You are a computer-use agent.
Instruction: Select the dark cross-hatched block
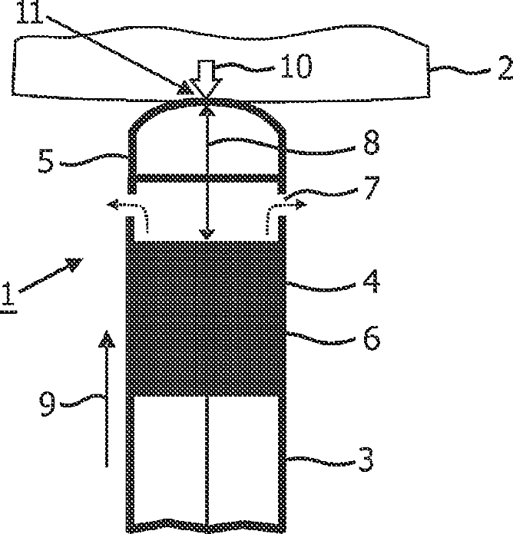[x=204, y=318]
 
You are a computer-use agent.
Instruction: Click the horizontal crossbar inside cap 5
[x=206, y=178]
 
